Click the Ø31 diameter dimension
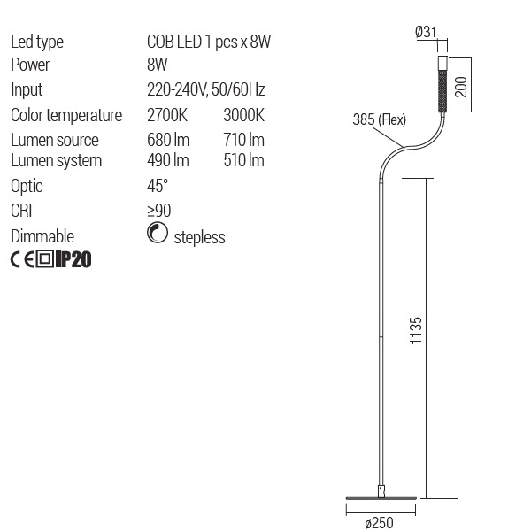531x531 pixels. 427,33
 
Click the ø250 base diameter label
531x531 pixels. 379,521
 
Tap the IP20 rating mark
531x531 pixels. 73,259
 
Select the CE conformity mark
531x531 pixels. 22,259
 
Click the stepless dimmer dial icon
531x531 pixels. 157,235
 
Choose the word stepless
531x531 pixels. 199,237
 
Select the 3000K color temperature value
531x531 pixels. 245,115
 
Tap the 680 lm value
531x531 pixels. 168,140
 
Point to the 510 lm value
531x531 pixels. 245,160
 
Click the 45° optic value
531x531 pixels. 158,186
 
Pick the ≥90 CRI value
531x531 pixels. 159,211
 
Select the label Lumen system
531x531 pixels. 56,160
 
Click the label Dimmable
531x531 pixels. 42,236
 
